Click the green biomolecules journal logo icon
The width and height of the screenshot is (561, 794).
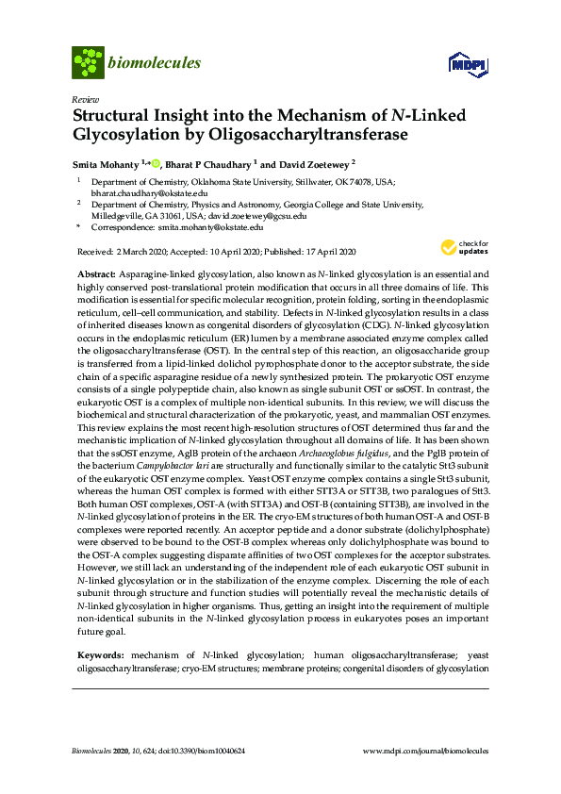[x=88, y=63]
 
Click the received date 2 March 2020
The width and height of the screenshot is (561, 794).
[x=142, y=251]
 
